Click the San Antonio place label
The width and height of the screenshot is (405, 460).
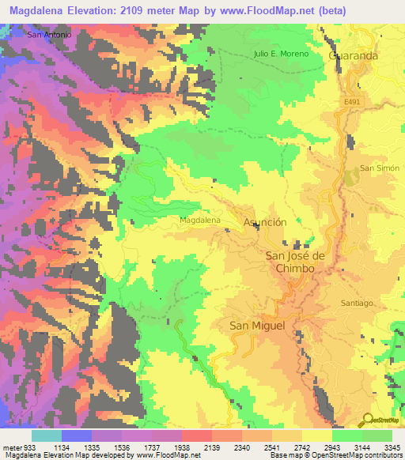[49, 35]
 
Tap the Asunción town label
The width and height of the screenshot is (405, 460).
[265, 223]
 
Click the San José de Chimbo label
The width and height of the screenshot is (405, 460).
[295, 262]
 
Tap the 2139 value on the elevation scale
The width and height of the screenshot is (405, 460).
[213, 447]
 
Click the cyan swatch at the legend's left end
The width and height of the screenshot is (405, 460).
[46, 435]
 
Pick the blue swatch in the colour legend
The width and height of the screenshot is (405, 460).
[76, 435]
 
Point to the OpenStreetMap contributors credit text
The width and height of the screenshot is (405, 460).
[347, 455]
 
